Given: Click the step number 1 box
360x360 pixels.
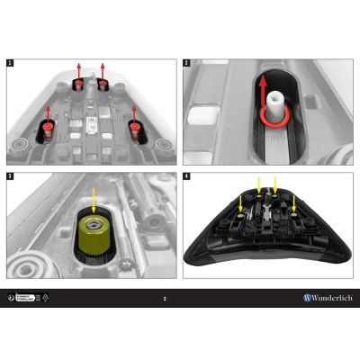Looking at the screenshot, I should [10, 64].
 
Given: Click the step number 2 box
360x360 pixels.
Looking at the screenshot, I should [186, 64].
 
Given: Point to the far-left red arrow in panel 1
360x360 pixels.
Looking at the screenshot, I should [48, 112].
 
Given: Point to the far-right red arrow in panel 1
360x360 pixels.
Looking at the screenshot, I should [135, 112].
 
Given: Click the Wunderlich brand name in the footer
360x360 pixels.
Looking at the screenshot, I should [330, 297].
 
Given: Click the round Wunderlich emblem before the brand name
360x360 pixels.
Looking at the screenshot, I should [306, 297].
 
